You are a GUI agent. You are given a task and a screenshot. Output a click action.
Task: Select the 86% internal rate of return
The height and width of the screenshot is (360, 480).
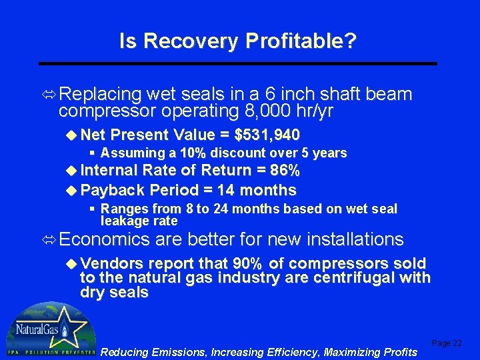[x=287, y=171]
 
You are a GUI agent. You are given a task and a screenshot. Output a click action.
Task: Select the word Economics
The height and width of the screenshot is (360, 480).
[x=103, y=239]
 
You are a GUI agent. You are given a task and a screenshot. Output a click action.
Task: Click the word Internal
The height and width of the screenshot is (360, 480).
[x=111, y=171]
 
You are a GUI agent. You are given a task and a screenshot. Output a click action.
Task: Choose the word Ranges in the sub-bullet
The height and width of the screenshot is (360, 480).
[x=123, y=209]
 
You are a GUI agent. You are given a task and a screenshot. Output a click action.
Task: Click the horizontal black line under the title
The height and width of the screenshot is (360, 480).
[x=238, y=63]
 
